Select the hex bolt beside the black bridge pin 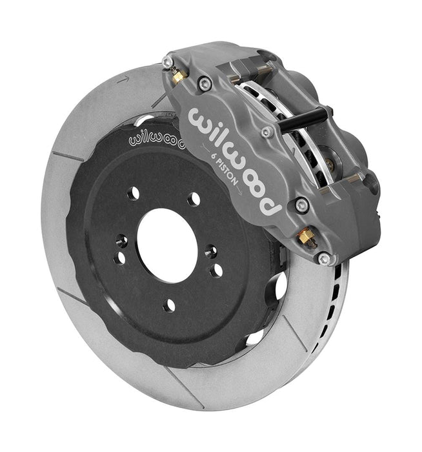266,132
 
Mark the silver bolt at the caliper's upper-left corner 168,62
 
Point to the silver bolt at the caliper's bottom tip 325,259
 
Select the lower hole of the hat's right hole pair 216,270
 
